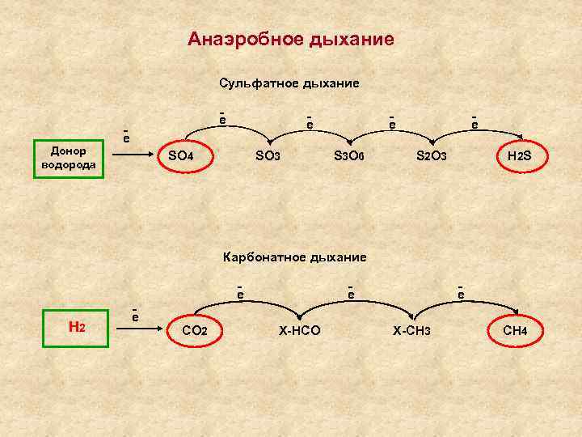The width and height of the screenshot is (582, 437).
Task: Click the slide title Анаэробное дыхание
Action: (291, 39)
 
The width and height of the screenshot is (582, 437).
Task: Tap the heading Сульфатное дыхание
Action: (289, 83)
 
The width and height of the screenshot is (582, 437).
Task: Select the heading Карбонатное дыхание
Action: (294, 257)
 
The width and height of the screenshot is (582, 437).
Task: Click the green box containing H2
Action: (77, 328)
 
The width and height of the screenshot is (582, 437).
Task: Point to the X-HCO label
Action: (299, 330)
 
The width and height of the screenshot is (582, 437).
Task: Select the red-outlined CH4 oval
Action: (515, 330)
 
